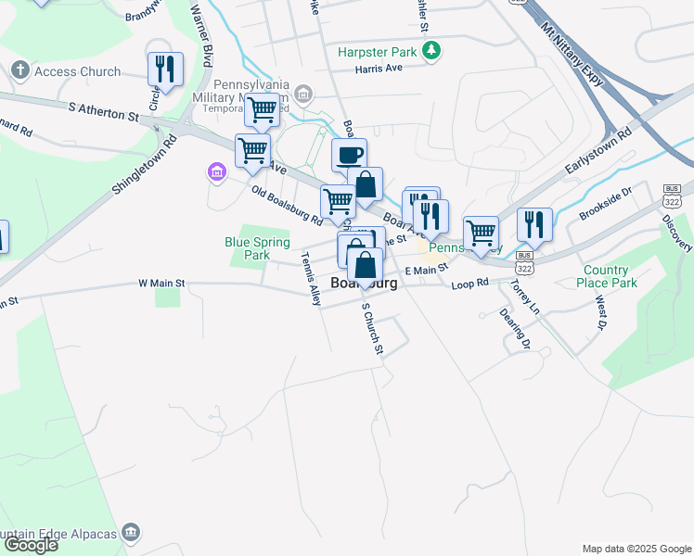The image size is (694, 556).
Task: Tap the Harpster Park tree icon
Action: (x=431, y=53)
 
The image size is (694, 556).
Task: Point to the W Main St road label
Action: (x=161, y=283)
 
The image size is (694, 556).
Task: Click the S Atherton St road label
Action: (x=103, y=112)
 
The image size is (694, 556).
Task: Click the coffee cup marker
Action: (x=349, y=155)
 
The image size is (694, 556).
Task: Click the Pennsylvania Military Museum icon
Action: (x=303, y=94)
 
